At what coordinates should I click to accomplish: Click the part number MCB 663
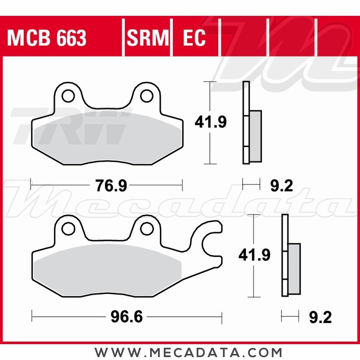pyautogui.click(x=47, y=38)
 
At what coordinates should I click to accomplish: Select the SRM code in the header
pyautogui.click(x=148, y=38)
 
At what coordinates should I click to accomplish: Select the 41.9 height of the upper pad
pyautogui.click(x=211, y=122)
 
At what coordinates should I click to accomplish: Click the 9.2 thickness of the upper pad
pyautogui.click(x=281, y=186)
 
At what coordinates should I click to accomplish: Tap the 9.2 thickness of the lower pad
pyautogui.click(x=320, y=318)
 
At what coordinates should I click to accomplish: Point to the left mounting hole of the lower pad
pyautogui.click(x=67, y=228)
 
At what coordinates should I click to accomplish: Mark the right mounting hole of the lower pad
pyautogui.click(x=146, y=228)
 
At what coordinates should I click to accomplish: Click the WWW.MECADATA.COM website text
pyautogui.click(x=189, y=352)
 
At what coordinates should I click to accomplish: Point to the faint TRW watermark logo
pyautogui.click(x=68, y=126)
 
